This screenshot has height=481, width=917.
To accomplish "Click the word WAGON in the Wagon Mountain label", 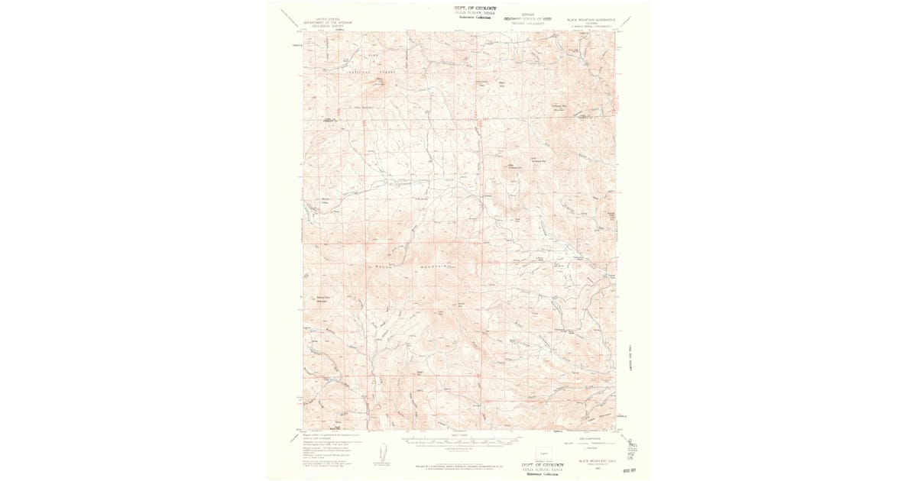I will (382, 266).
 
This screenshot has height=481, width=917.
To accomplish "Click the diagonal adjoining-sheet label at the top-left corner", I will (291, 18).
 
